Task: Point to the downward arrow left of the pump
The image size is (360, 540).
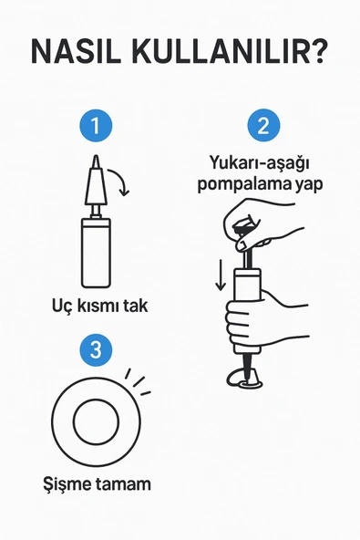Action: (220, 275)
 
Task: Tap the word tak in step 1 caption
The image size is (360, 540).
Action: (134, 306)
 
